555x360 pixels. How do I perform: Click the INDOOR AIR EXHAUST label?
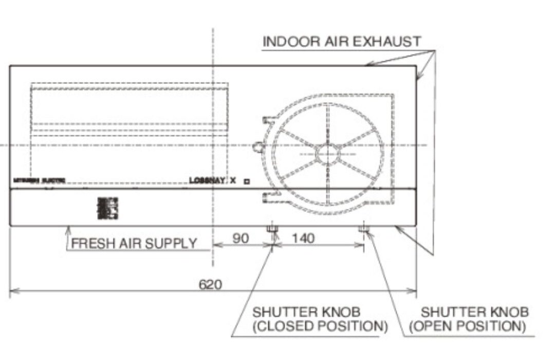341,42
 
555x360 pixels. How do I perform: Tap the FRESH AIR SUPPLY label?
134,243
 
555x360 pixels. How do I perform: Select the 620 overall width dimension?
211,284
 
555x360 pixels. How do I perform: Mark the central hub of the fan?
328,153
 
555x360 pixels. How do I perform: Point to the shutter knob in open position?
364,227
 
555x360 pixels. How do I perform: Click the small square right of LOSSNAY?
247,181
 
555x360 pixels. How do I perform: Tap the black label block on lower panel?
107,207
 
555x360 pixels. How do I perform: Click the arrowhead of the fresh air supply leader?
68,230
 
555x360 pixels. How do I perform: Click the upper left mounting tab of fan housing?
267,120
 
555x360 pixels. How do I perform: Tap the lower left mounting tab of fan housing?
267,195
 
